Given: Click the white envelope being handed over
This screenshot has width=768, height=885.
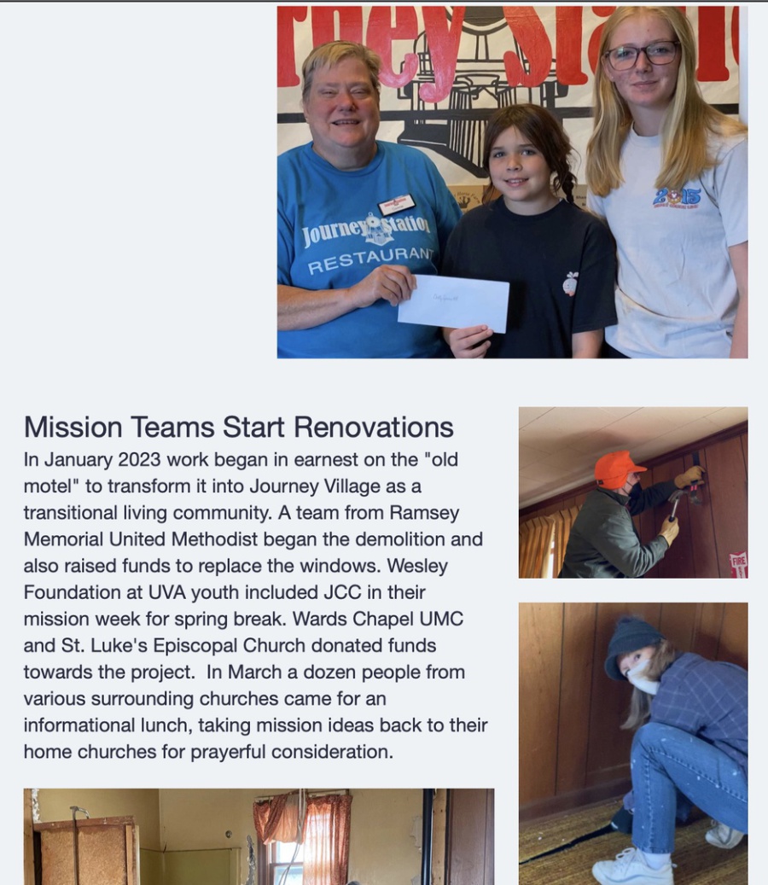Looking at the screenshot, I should click(x=453, y=303).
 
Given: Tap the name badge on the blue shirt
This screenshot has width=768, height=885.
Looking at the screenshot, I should click(x=396, y=205).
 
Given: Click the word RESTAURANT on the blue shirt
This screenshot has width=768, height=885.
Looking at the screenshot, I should click(x=369, y=261).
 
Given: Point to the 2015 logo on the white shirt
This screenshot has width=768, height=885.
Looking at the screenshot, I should click(x=677, y=195).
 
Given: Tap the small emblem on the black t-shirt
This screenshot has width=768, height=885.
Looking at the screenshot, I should click(x=570, y=283).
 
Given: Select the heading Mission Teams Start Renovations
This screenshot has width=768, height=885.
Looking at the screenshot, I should click(x=238, y=427).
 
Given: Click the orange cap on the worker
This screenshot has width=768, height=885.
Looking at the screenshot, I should click(x=618, y=468).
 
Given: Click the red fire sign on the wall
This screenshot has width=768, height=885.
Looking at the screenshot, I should click(x=738, y=564).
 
